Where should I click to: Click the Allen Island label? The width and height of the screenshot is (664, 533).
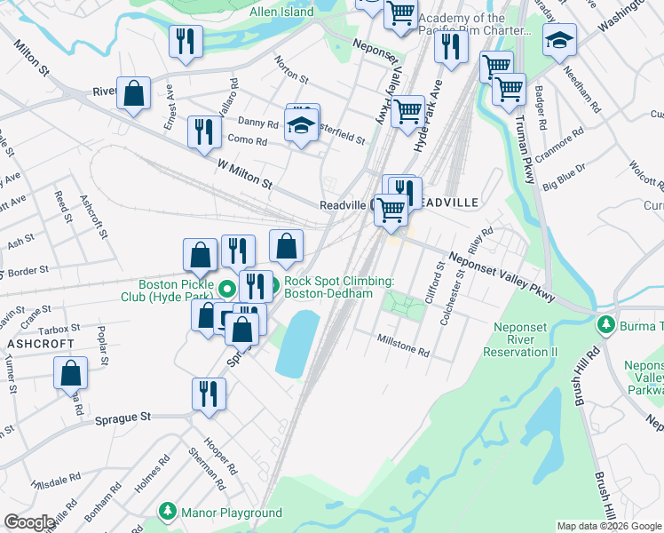click(281, 12)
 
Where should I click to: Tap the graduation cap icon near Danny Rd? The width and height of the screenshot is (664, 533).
click(302, 127)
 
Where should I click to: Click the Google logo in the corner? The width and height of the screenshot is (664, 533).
click(29, 522)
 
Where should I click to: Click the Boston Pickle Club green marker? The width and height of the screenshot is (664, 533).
click(227, 288)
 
